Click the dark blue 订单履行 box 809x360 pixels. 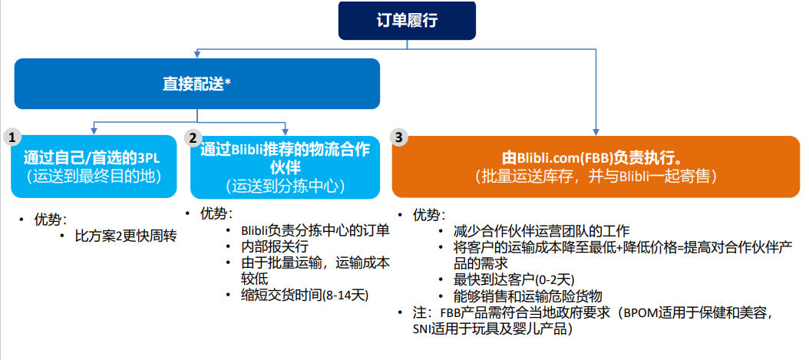coord(407,20)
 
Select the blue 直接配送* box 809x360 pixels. coord(197,84)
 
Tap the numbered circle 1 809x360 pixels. coord(12,137)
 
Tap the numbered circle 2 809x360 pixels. coord(193,137)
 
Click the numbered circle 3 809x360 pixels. coord(398,137)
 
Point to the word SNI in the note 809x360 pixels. coord(424,329)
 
